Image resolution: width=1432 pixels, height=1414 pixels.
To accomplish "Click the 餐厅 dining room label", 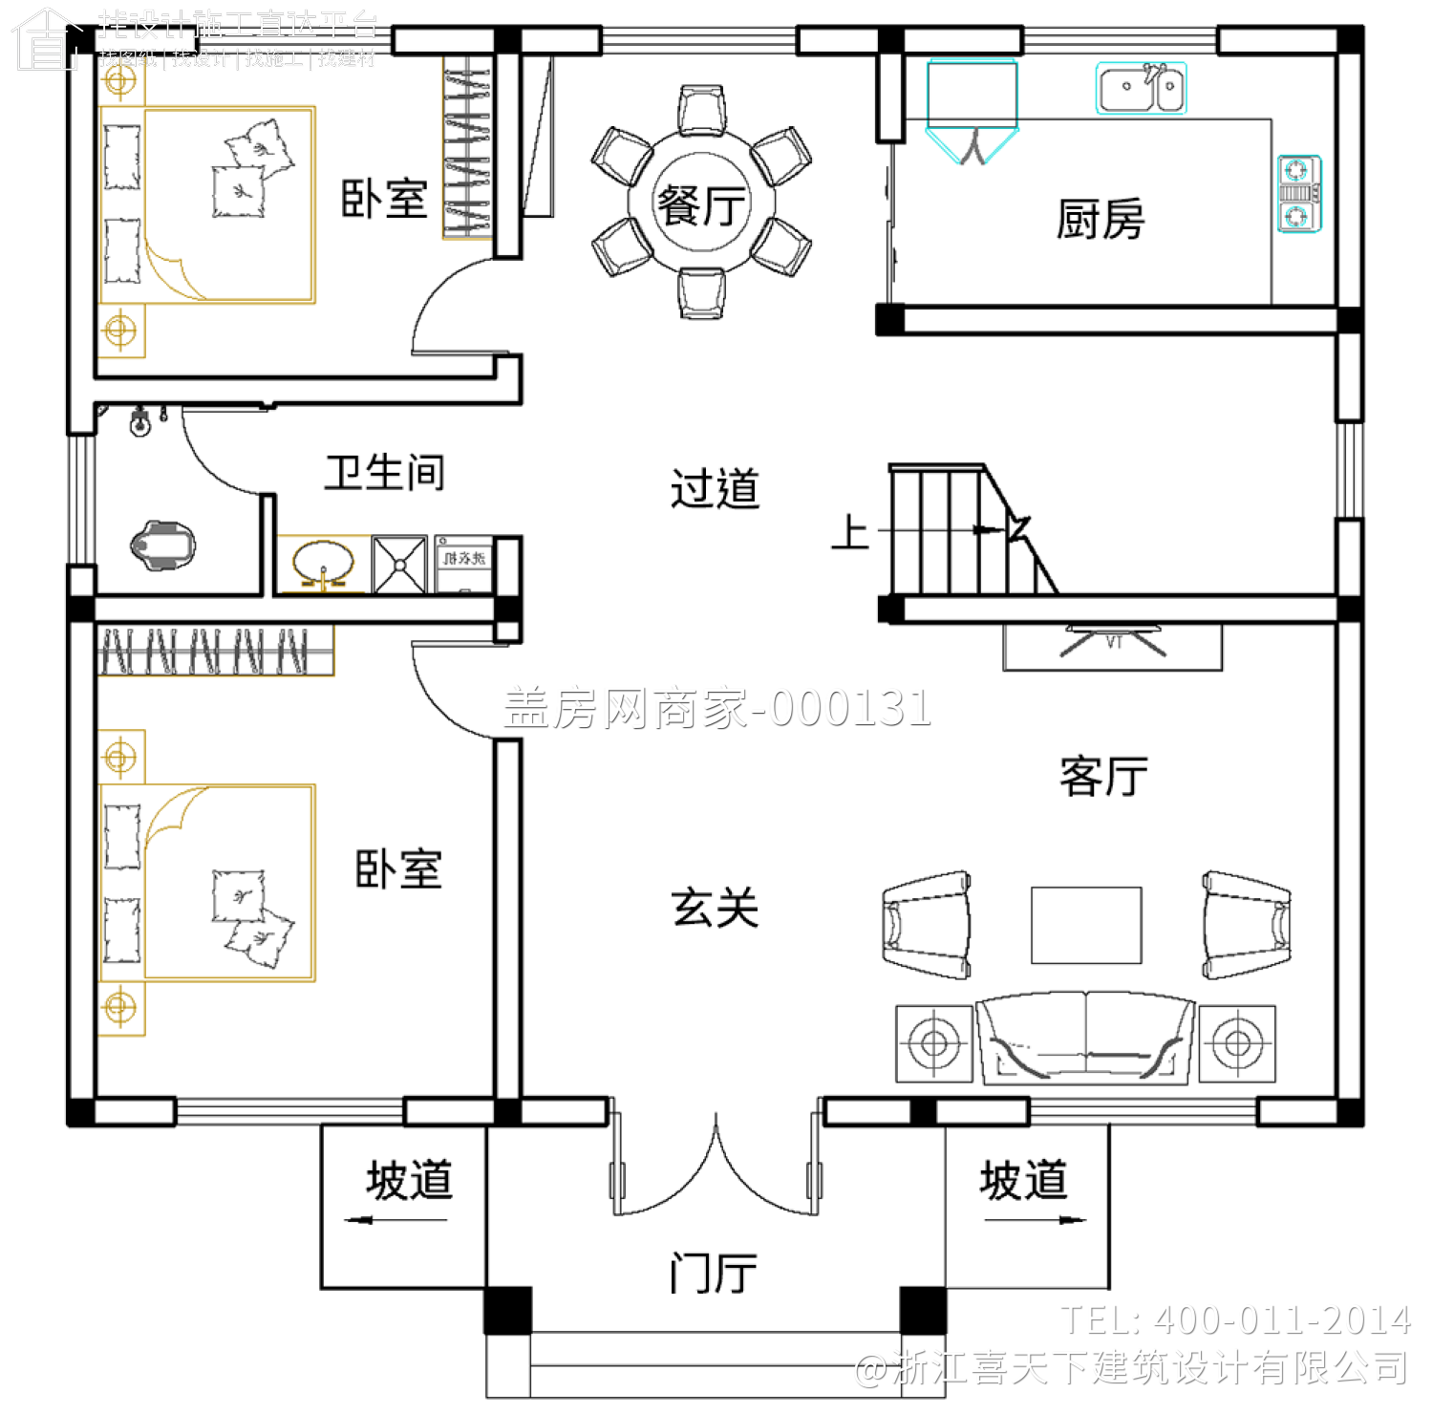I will pos(701,204).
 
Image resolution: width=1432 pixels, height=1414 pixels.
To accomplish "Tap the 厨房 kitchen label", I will pos(1100,220).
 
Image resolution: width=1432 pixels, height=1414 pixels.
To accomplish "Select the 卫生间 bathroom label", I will pos(384,472).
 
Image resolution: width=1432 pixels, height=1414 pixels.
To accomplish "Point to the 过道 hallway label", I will pos(715,489).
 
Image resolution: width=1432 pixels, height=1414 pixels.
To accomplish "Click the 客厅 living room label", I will pos(1103,776).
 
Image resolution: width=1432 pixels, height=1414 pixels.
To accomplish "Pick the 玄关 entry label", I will pos(715,908).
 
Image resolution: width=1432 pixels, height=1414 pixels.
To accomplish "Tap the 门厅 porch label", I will pos(713,1273).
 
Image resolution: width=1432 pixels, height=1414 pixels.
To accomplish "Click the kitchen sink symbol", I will pos(1141,89).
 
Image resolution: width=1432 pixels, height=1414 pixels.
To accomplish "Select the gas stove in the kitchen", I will pos(1299,193).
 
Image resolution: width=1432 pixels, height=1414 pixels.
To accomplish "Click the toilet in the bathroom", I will pos(162,546).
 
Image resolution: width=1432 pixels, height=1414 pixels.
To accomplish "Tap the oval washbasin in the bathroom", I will pos(322,564).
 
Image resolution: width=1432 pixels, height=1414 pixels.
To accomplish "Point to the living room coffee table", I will pos(1086,925).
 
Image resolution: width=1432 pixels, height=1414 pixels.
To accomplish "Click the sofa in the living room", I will pos(1085,1039).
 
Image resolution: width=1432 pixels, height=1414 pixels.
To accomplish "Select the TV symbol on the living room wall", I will pos(1113,641).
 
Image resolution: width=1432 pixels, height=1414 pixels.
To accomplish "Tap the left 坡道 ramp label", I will pos(409,1180).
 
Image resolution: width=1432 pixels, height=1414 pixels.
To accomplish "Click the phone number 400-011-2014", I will pos(1281,1320).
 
